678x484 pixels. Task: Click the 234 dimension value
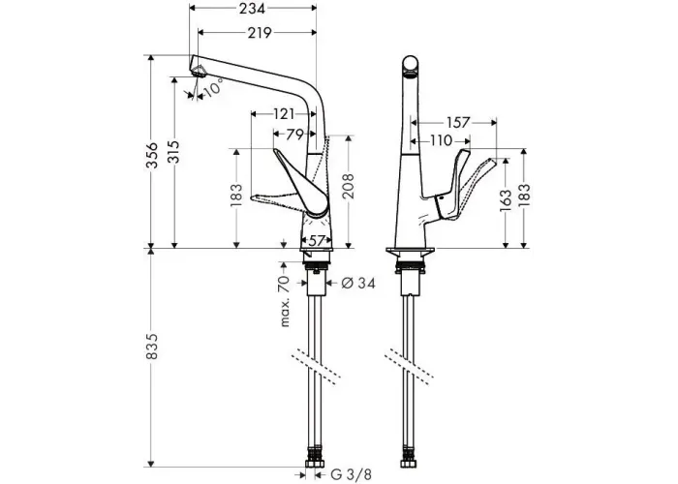pyautogui.click(x=252, y=8)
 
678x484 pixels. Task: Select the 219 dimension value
pyautogui.click(x=260, y=33)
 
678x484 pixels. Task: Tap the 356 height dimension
pyautogui.click(x=151, y=155)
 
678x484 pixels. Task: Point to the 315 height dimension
pyautogui.click(x=173, y=152)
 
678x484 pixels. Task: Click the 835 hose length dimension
pyautogui.click(x=151, y=347)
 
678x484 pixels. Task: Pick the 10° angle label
pyautogui.click(x=213, y=87)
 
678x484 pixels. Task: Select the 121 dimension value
pyautogui.click(x=284, y=114)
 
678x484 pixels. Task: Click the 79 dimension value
pyautogui.click(x=294, y=135)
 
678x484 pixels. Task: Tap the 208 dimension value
pyautogui.click(x=348, y=186)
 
